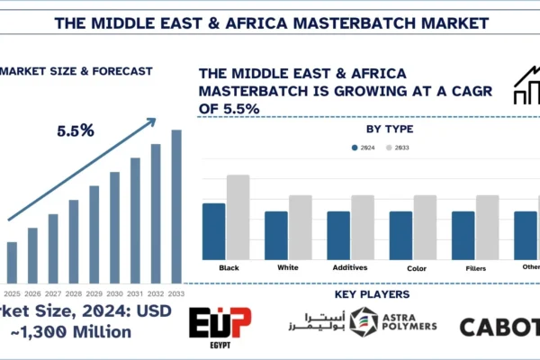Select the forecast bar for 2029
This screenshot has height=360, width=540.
pos(94,233)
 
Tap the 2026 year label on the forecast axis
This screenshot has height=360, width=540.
pos(33,293)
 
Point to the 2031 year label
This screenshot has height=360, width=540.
pos(135,293)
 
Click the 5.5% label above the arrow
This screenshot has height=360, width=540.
pos(76,130)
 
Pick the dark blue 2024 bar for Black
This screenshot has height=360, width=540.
pos(213,230)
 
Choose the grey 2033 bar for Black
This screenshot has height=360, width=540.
pos(238,216)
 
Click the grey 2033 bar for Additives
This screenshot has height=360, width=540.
pos(363,226)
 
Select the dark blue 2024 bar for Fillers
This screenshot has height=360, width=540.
pos(463,235)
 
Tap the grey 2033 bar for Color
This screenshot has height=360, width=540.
pos(425,226)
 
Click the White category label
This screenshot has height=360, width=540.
pos(288,267)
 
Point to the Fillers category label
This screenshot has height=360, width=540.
pos(475,267)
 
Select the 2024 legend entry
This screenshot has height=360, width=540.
pos(362,147)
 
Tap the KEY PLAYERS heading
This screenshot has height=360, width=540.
pos(372,294)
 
